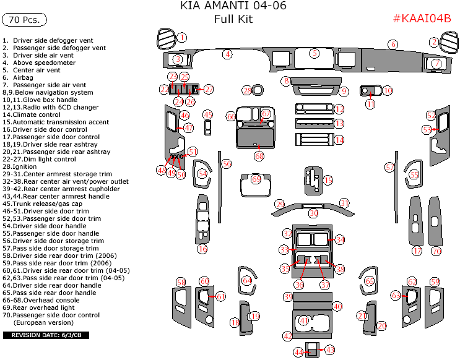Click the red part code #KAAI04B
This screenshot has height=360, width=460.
point(422,18)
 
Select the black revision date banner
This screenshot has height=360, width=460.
point(47,335)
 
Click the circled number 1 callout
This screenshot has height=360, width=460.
point(182,37)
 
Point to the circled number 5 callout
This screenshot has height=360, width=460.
point(315,53)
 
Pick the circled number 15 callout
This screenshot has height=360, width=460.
point(328,180)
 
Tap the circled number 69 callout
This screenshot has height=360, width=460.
point(256,179)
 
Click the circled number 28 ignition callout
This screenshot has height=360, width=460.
point(247,91)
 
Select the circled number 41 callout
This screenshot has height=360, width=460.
point(303,320)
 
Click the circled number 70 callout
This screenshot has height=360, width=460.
point(436,251)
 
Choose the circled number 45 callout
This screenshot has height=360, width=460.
point(208,115)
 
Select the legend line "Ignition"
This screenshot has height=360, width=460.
point(27,166)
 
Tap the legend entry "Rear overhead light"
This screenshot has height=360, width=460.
point(43,307)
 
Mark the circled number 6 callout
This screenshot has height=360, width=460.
point(393,44)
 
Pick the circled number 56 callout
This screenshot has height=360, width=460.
point(227,163)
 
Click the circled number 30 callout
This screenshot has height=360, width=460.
point(314,213)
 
